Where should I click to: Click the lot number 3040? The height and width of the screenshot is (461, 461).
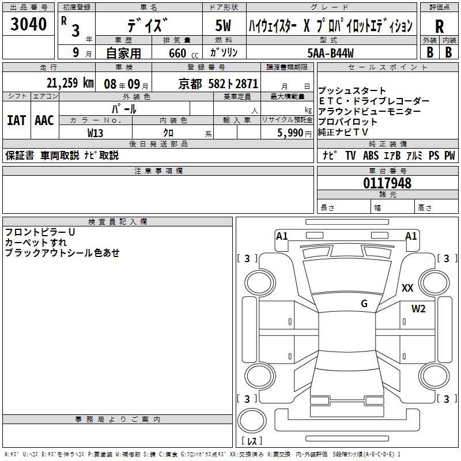point(28,24)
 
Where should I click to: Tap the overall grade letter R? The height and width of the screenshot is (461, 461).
point(439,27)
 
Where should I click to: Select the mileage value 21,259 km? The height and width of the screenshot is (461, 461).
point(70,83)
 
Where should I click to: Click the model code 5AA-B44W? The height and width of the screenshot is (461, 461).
point(330,53)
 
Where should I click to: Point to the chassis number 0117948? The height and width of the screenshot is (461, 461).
point(387,183)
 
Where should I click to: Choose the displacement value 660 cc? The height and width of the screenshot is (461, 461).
point(183,54)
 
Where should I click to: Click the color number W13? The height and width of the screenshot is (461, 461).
point(95,133)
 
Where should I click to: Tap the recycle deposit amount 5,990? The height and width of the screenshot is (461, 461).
point(290,133)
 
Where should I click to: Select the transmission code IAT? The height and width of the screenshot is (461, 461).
point(17,120)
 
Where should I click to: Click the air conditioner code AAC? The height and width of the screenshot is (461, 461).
point(44,120)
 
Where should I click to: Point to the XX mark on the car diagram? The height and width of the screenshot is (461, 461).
point(407,288)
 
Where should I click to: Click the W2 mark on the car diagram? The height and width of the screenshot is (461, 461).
point(418,308)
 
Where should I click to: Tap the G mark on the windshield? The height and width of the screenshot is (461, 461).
point(364,303)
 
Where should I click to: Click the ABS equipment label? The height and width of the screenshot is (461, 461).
point(371,156)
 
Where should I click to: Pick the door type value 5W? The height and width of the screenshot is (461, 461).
point(223,25)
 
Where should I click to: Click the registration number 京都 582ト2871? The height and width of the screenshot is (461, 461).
point(218,84)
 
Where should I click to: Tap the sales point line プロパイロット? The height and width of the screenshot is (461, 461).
point(347,122)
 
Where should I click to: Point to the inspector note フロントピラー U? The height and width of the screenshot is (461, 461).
point(40,232)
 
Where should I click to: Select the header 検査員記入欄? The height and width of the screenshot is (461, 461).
point(118,222)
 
